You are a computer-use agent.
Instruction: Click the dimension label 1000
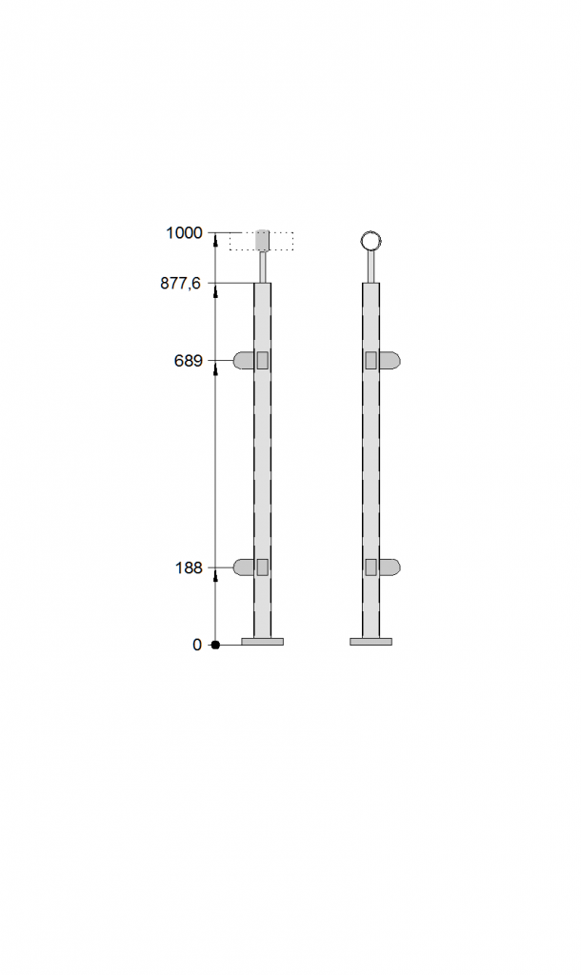coord(184,233)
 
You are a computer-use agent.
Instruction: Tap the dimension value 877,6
coord(181,284)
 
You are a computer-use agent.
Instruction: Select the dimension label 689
coord(189,361)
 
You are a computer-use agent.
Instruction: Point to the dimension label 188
coord(189,567)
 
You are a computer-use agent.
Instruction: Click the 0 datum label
coord(197,645)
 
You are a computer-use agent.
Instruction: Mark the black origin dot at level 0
coord(215,645)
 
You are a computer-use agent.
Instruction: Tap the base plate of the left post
coord(263,642)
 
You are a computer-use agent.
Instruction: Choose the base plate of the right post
coord(371,642)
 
